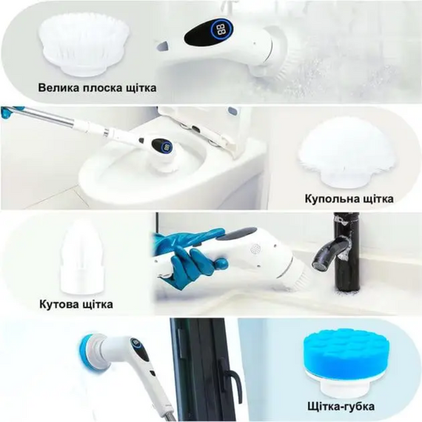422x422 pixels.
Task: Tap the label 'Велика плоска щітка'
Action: (x=98, y=88)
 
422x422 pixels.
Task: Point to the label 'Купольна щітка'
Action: (x=349, y=199)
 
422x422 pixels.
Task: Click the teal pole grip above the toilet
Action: (x=8, y=114)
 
